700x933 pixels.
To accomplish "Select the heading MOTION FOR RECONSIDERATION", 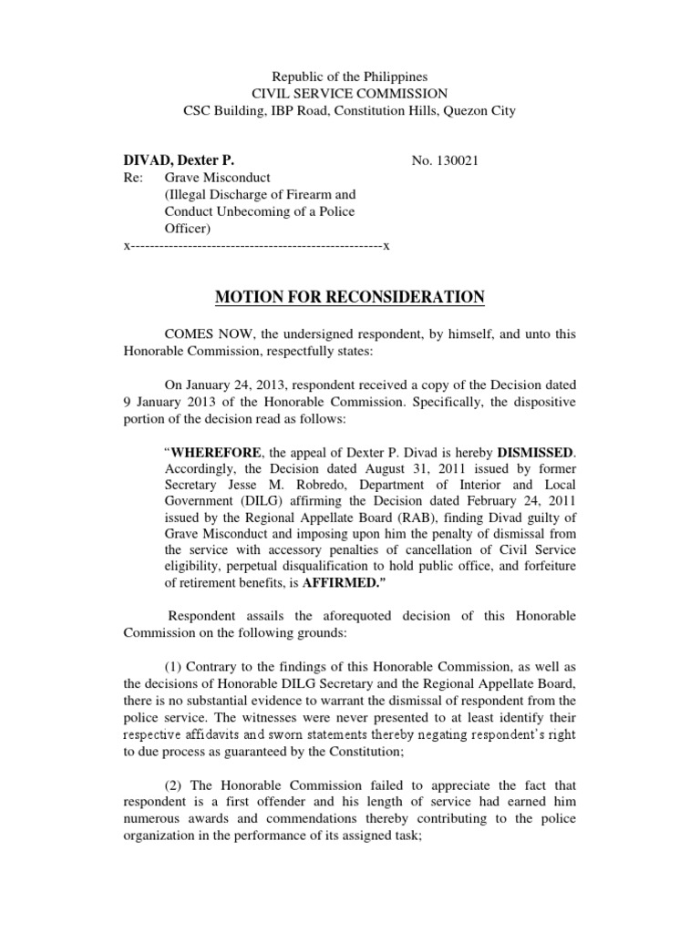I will (x=350, y=297).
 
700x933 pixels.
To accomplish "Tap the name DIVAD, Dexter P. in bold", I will (x=172, y=160).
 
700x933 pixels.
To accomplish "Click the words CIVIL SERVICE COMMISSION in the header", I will (x=350, y=94).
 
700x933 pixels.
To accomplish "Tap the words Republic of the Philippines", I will (x=350, y=77).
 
